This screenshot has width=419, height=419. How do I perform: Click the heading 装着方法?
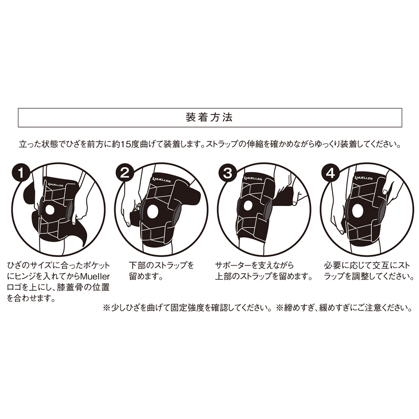209,118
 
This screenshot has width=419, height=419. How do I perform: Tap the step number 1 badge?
21,173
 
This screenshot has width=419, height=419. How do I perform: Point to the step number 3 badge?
228,173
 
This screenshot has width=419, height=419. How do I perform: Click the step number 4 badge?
331,173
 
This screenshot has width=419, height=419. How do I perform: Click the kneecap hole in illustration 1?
50,210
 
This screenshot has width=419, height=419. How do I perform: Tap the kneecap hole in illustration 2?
152,210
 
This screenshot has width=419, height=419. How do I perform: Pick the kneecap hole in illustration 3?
248,205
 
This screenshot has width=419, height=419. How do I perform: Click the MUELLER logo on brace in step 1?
56,184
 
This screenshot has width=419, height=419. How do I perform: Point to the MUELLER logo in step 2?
161,180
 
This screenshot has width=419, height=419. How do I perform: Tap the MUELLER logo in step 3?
253,178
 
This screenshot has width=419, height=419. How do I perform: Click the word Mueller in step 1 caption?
95,276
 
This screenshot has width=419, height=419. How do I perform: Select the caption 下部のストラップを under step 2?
161,265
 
